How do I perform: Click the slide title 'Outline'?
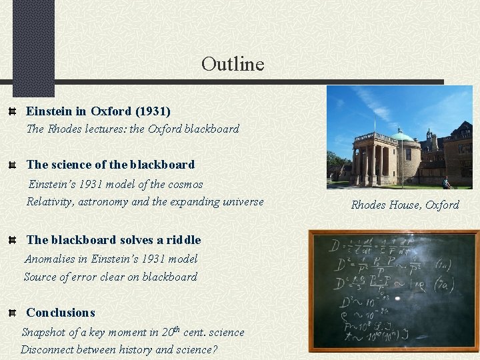(x=233, y=64)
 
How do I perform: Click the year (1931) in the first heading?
(x=153, y=111)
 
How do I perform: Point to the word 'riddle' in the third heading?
(x=183, y=239)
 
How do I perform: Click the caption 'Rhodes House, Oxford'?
(x=405, y=205)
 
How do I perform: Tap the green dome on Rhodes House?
(x=402, y=136)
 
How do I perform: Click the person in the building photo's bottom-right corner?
(x=447, y=182)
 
